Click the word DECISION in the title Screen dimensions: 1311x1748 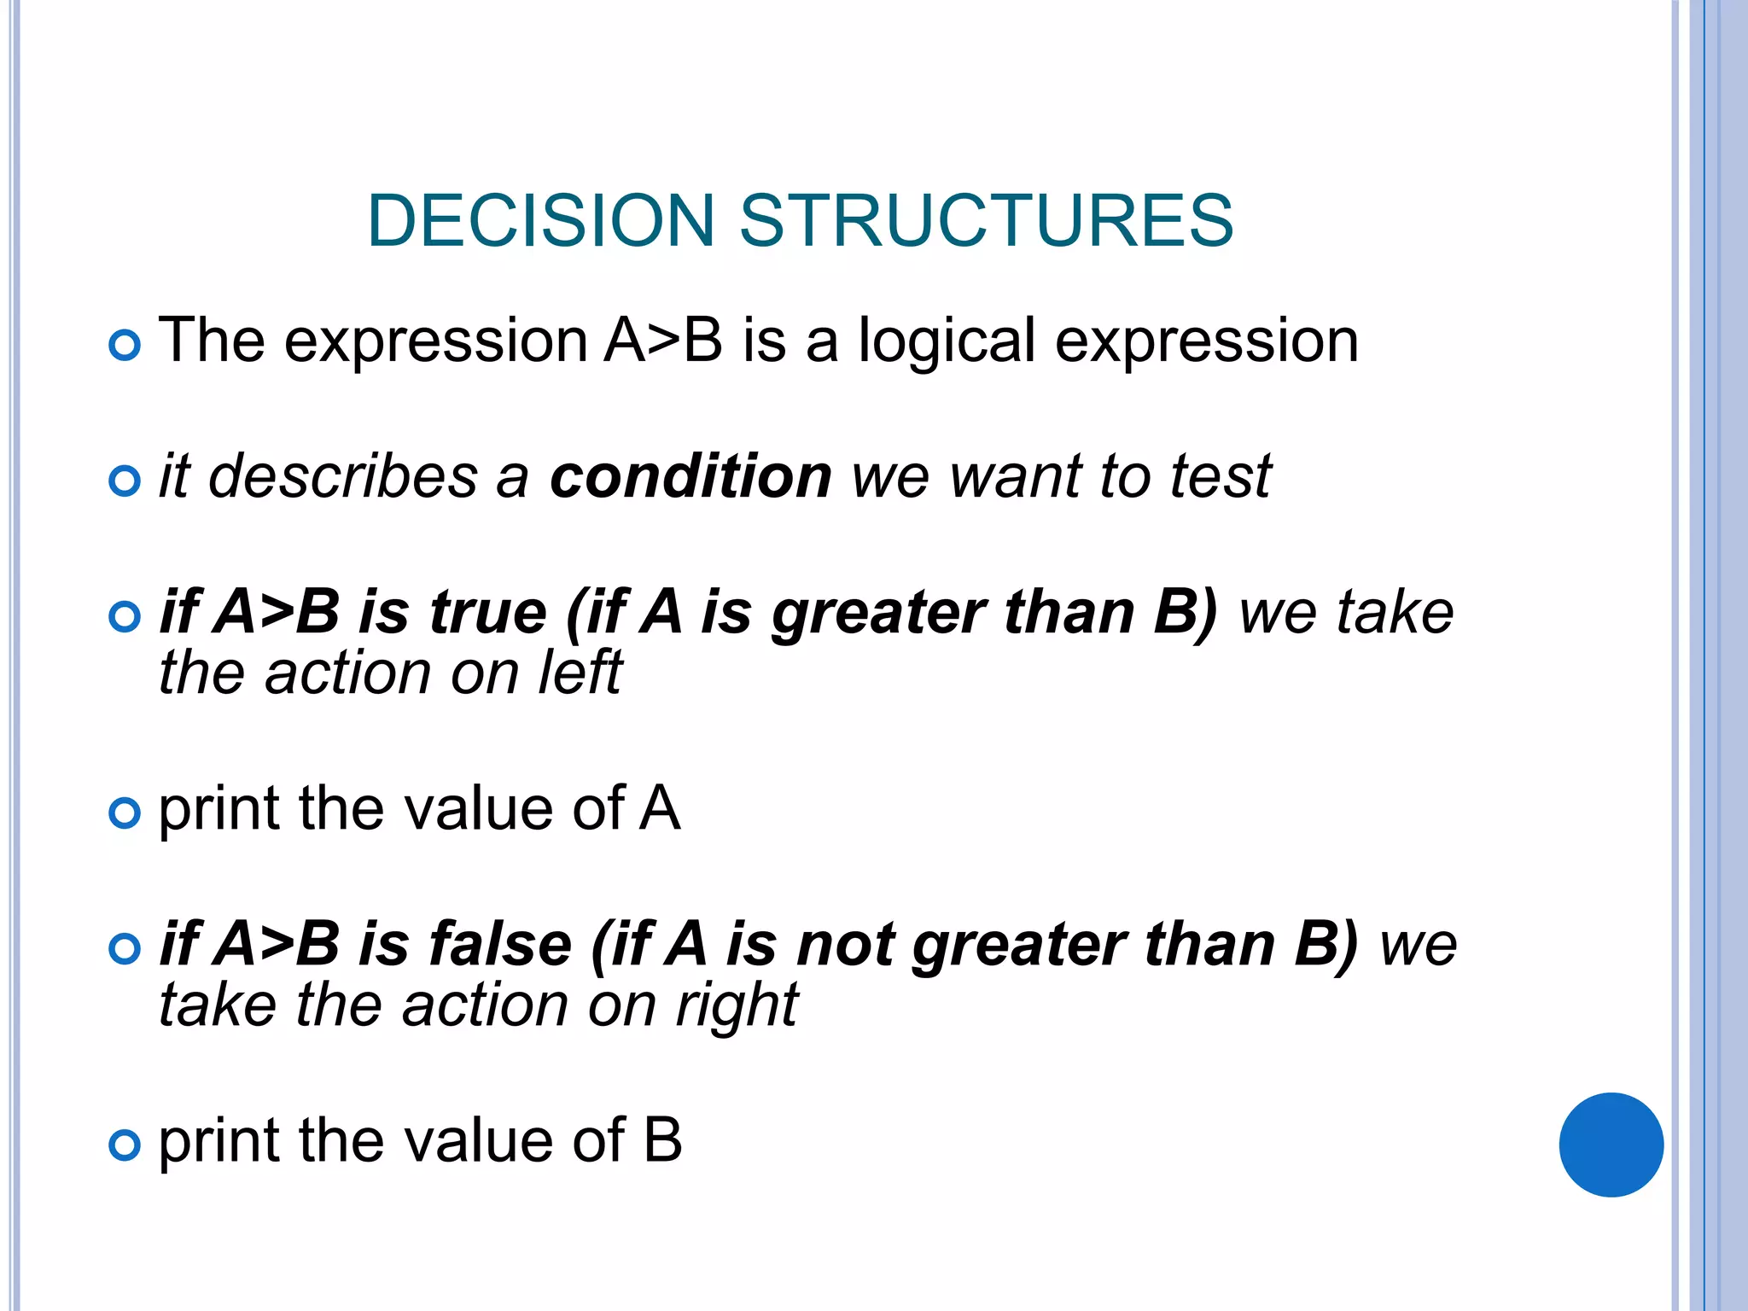[540, 221]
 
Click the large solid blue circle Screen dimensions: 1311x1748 [1611, 1145]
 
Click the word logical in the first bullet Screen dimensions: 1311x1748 [947, 341]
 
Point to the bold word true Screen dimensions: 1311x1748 [487, 613]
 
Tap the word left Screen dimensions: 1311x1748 [580, 673]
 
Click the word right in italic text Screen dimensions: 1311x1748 [737, 1006]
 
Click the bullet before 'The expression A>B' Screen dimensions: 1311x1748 [125, 346]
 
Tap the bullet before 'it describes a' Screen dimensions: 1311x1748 [125, 481]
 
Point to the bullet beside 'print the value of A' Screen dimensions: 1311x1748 [125, 813]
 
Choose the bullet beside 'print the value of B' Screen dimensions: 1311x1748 [125, 1145]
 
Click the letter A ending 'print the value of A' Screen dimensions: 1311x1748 [660, 808]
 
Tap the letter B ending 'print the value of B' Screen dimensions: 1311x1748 [662, 1140]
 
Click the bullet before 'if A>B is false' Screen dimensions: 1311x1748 [125, 949]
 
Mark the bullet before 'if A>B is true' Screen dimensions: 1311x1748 [125, 617]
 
